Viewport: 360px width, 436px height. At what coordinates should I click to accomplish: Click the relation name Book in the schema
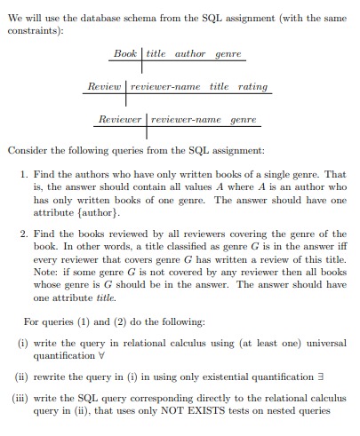pos(124,54)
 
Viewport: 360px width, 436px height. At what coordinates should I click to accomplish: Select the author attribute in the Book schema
pos(189,54)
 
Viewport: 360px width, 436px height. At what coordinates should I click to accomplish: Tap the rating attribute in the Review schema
pos(252,86)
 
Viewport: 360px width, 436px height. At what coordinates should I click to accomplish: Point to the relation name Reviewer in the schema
pos(119,119)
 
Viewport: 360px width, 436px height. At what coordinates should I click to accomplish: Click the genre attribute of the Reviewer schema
pos(243,119)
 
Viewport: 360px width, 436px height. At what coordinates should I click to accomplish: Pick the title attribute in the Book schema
pos(156,54)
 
